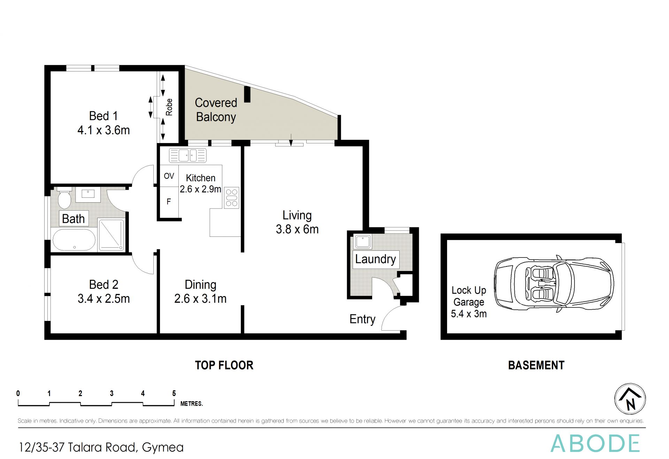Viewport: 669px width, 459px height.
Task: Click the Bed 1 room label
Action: [x=103, y=123]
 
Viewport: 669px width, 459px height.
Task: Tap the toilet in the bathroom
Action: [x=64, y=198]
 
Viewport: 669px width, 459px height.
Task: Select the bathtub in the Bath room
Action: [x=74, y=240]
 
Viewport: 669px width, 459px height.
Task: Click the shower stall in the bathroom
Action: [x=111, y=235]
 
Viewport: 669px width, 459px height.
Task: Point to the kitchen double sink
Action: [x=188, y=155]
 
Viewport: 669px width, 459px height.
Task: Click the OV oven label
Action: [x=169, y=176]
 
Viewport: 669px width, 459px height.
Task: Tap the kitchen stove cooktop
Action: [x=232, y=198]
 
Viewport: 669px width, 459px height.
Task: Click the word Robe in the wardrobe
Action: [x=169, y=107]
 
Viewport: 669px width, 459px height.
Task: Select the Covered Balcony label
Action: [x=216, y=110]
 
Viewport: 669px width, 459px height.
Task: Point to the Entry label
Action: [x=362, y=319]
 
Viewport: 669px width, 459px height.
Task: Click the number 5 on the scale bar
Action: [x=174, y=393]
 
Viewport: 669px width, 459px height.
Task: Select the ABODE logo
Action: [x=595, y=443]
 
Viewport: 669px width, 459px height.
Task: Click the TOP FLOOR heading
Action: [x=224, y=365]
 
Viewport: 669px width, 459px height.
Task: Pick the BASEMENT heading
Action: [x=536, y=365]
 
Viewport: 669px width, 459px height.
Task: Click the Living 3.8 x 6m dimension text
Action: [x=297, y=229]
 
